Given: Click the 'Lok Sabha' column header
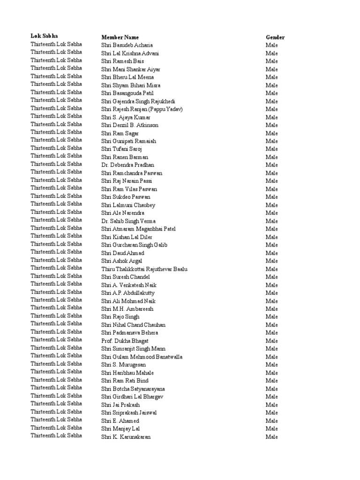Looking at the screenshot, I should coord(45,36).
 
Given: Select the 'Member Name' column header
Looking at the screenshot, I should coord(120,37).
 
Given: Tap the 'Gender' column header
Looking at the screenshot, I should coord(275,37).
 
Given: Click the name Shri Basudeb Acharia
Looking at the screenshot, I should coord(127,45).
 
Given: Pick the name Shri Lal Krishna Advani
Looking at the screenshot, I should coord(130,53).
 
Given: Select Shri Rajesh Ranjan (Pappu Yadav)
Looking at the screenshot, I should coord(142,109).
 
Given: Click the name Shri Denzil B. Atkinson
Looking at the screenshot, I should coord(130,125).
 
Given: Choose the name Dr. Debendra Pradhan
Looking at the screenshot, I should coord(127,165).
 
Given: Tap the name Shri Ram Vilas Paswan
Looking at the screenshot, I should coord(129,189).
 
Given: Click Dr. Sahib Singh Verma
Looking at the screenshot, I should coord(128,221).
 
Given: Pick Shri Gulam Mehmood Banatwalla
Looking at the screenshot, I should coord(142,356).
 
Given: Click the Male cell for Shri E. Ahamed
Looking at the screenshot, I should coord(271,420).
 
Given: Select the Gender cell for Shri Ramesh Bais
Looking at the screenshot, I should coord(271,61).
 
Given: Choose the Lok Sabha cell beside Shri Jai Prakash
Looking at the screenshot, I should coord(56,404).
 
